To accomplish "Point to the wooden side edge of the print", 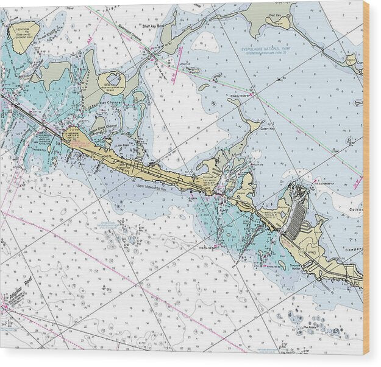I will click(x=366, y=183).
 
